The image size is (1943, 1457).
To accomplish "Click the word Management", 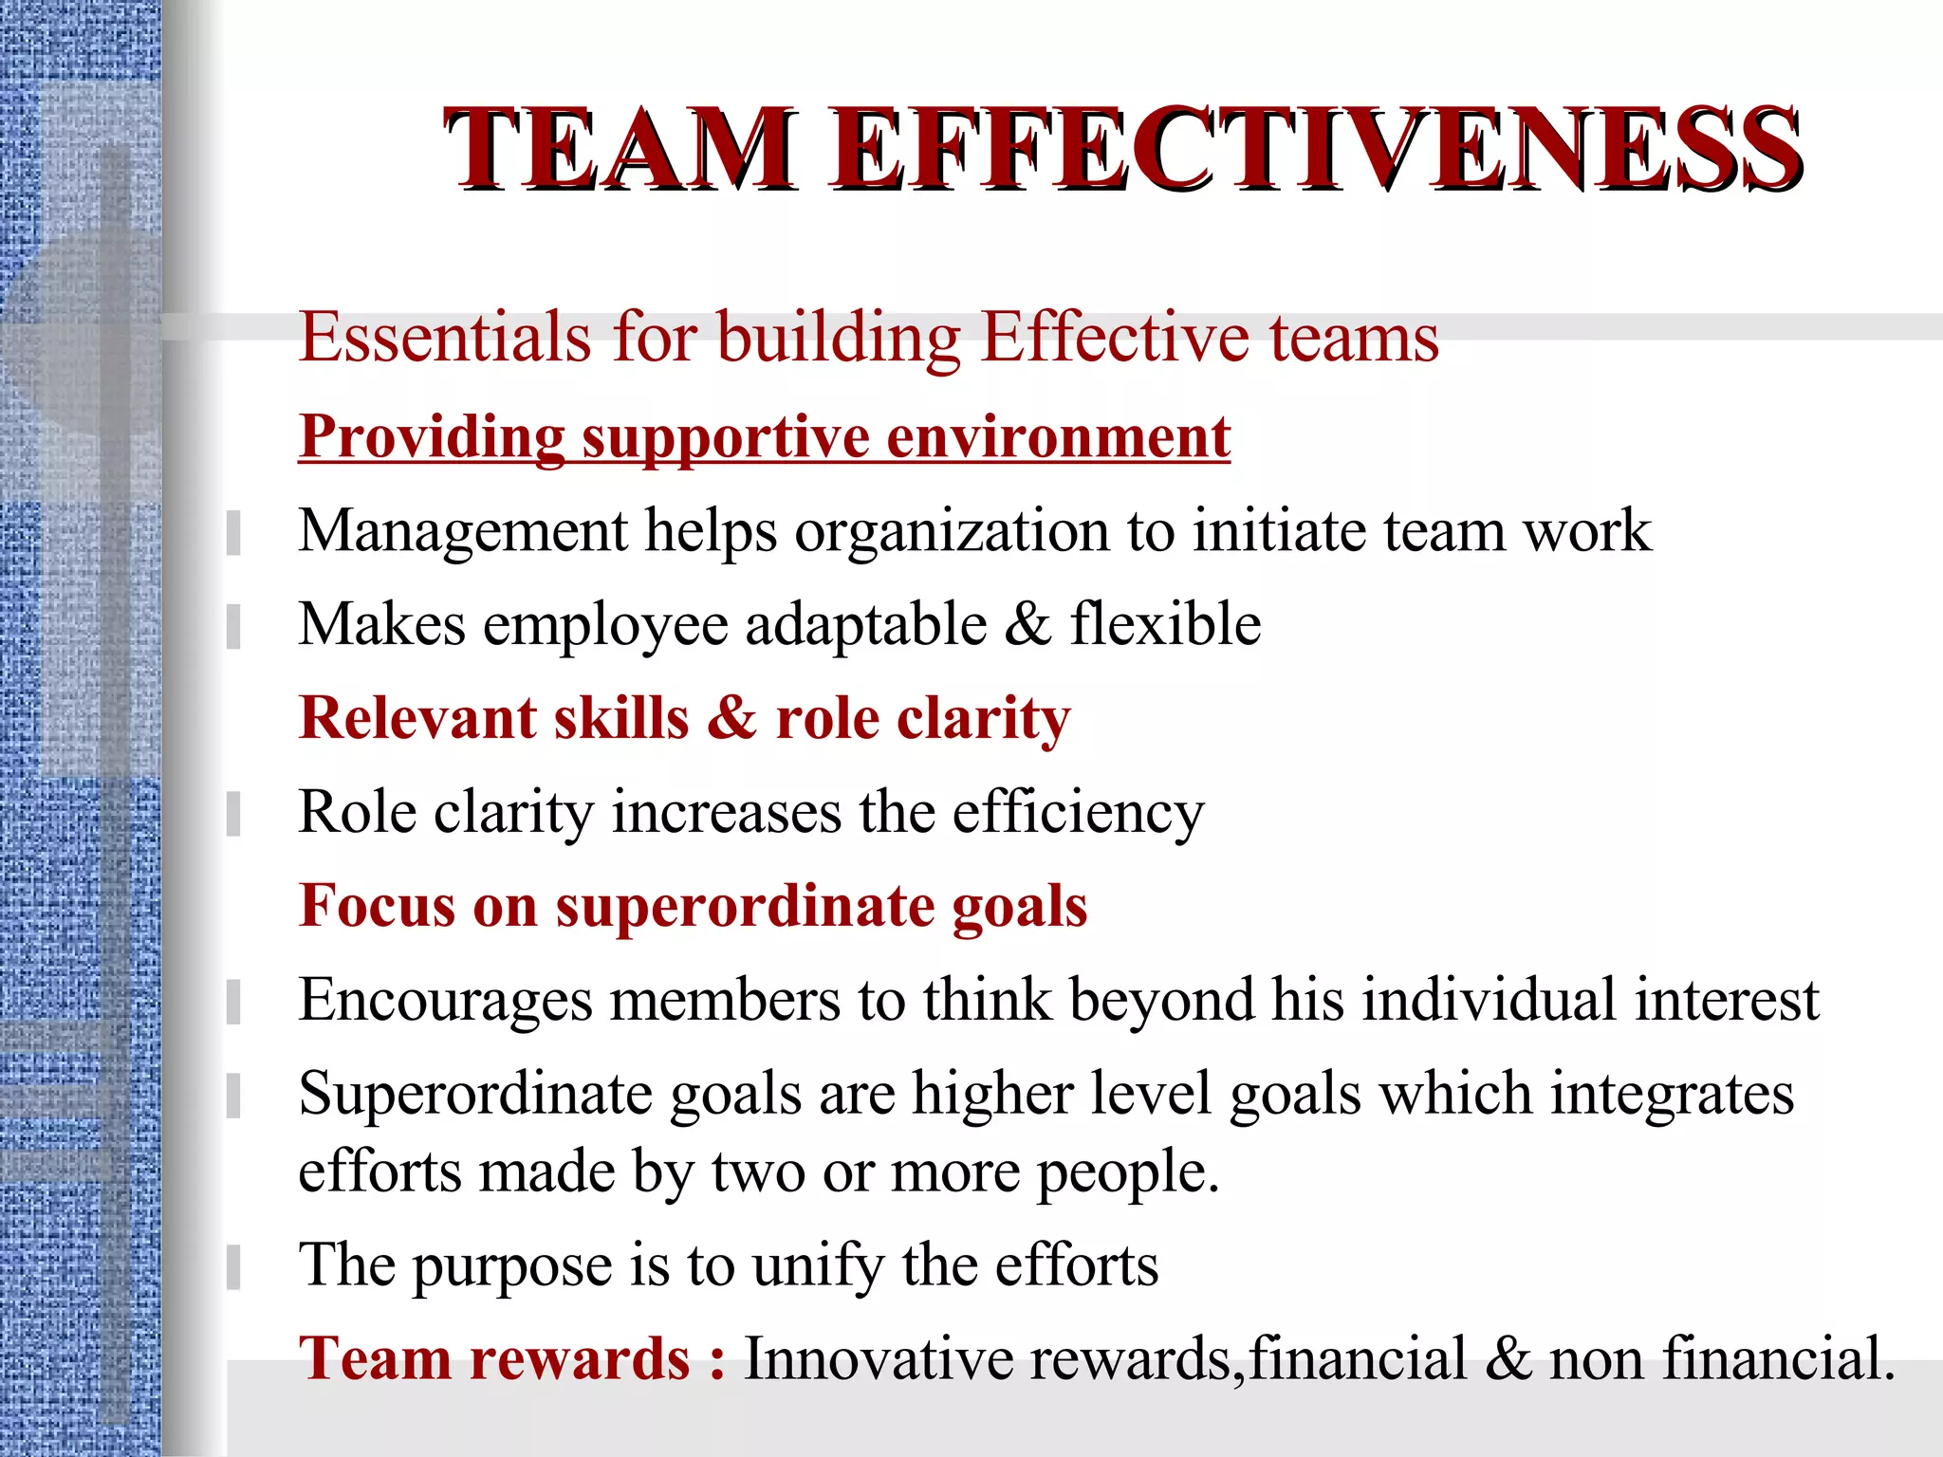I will tap(463, 531).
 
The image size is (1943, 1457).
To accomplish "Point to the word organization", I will tap(952, 531).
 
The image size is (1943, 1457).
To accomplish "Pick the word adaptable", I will tap(866, 625).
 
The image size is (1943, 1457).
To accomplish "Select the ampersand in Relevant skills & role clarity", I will tap(731, 718).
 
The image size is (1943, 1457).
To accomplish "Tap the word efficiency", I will tap(1078, 814).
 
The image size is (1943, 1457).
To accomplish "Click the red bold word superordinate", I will tap(745, 906).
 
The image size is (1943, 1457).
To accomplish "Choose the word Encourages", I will tap(446, 1001).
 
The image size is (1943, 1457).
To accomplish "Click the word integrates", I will tap(1672, 1095).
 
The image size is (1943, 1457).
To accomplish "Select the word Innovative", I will tap(879, 1358).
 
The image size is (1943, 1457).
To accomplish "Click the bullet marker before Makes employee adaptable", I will tap(233, 626).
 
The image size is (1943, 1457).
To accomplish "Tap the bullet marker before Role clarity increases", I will tap(233, 814).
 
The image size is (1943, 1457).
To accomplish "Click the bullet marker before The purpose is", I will tap(233, 1267).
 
